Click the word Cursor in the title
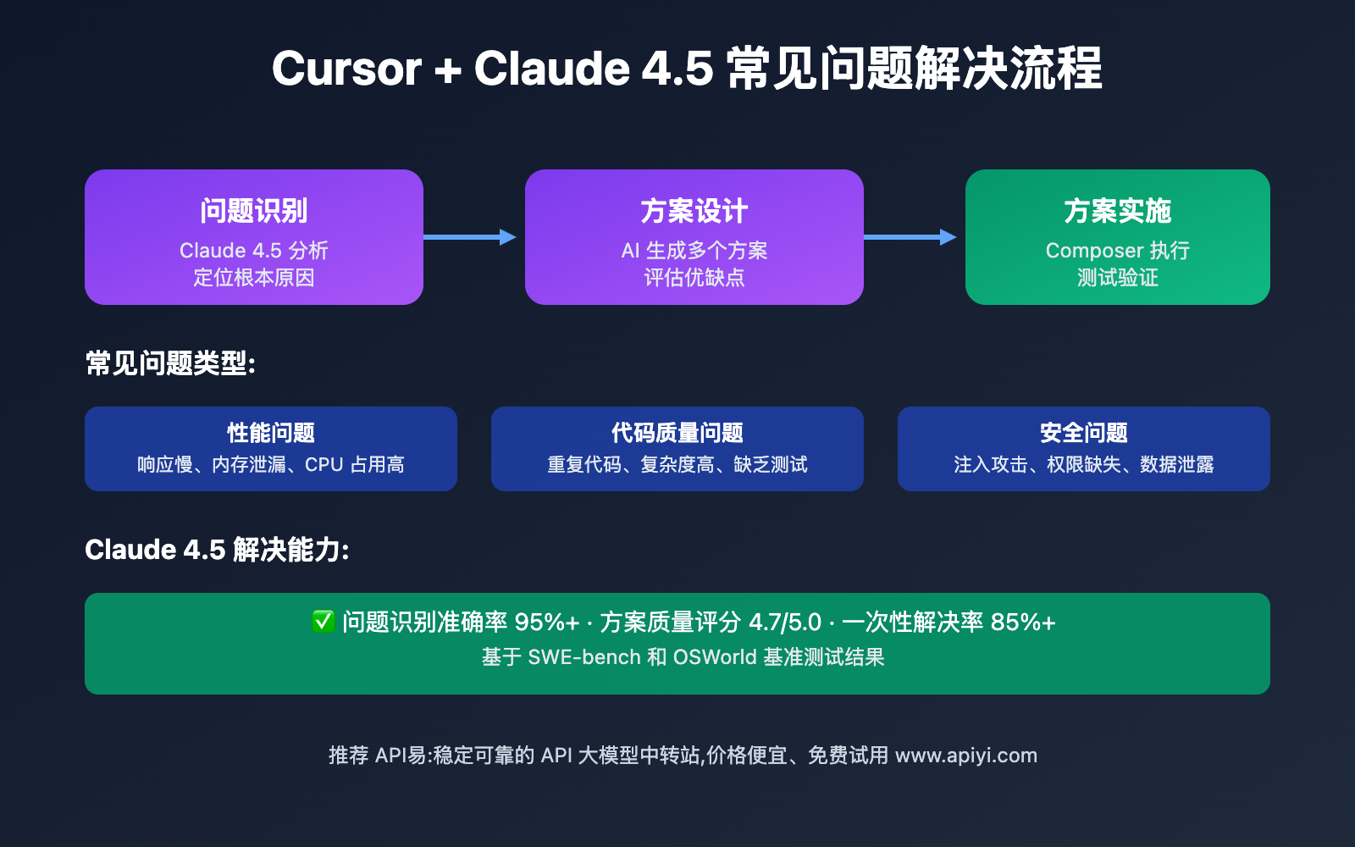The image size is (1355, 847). pos(346,69)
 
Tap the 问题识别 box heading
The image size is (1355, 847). pos(254,211)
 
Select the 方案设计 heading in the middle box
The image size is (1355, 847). pos(694,211)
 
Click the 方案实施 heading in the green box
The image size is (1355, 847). pos(1118,211)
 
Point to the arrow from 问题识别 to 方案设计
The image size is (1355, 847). pos(470,237)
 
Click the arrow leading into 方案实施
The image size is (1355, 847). pos(910,237)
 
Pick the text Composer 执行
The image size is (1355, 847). pos(1118,251)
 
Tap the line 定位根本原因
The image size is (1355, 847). pos(254,278)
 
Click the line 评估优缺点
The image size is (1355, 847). pos(694,278)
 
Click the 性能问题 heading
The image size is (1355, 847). pos(271,433)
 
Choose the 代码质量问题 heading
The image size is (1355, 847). pos(677,433)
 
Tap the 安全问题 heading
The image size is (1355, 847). pos(1084,433)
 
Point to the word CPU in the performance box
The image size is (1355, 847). pos(324,465)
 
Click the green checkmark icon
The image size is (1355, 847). pos(323,622)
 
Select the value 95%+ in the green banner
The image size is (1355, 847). pos(547,623)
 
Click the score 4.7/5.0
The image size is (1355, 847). pos(785,623)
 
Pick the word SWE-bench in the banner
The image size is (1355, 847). pos(584,657)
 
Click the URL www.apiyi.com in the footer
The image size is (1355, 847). pos(966,756)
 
